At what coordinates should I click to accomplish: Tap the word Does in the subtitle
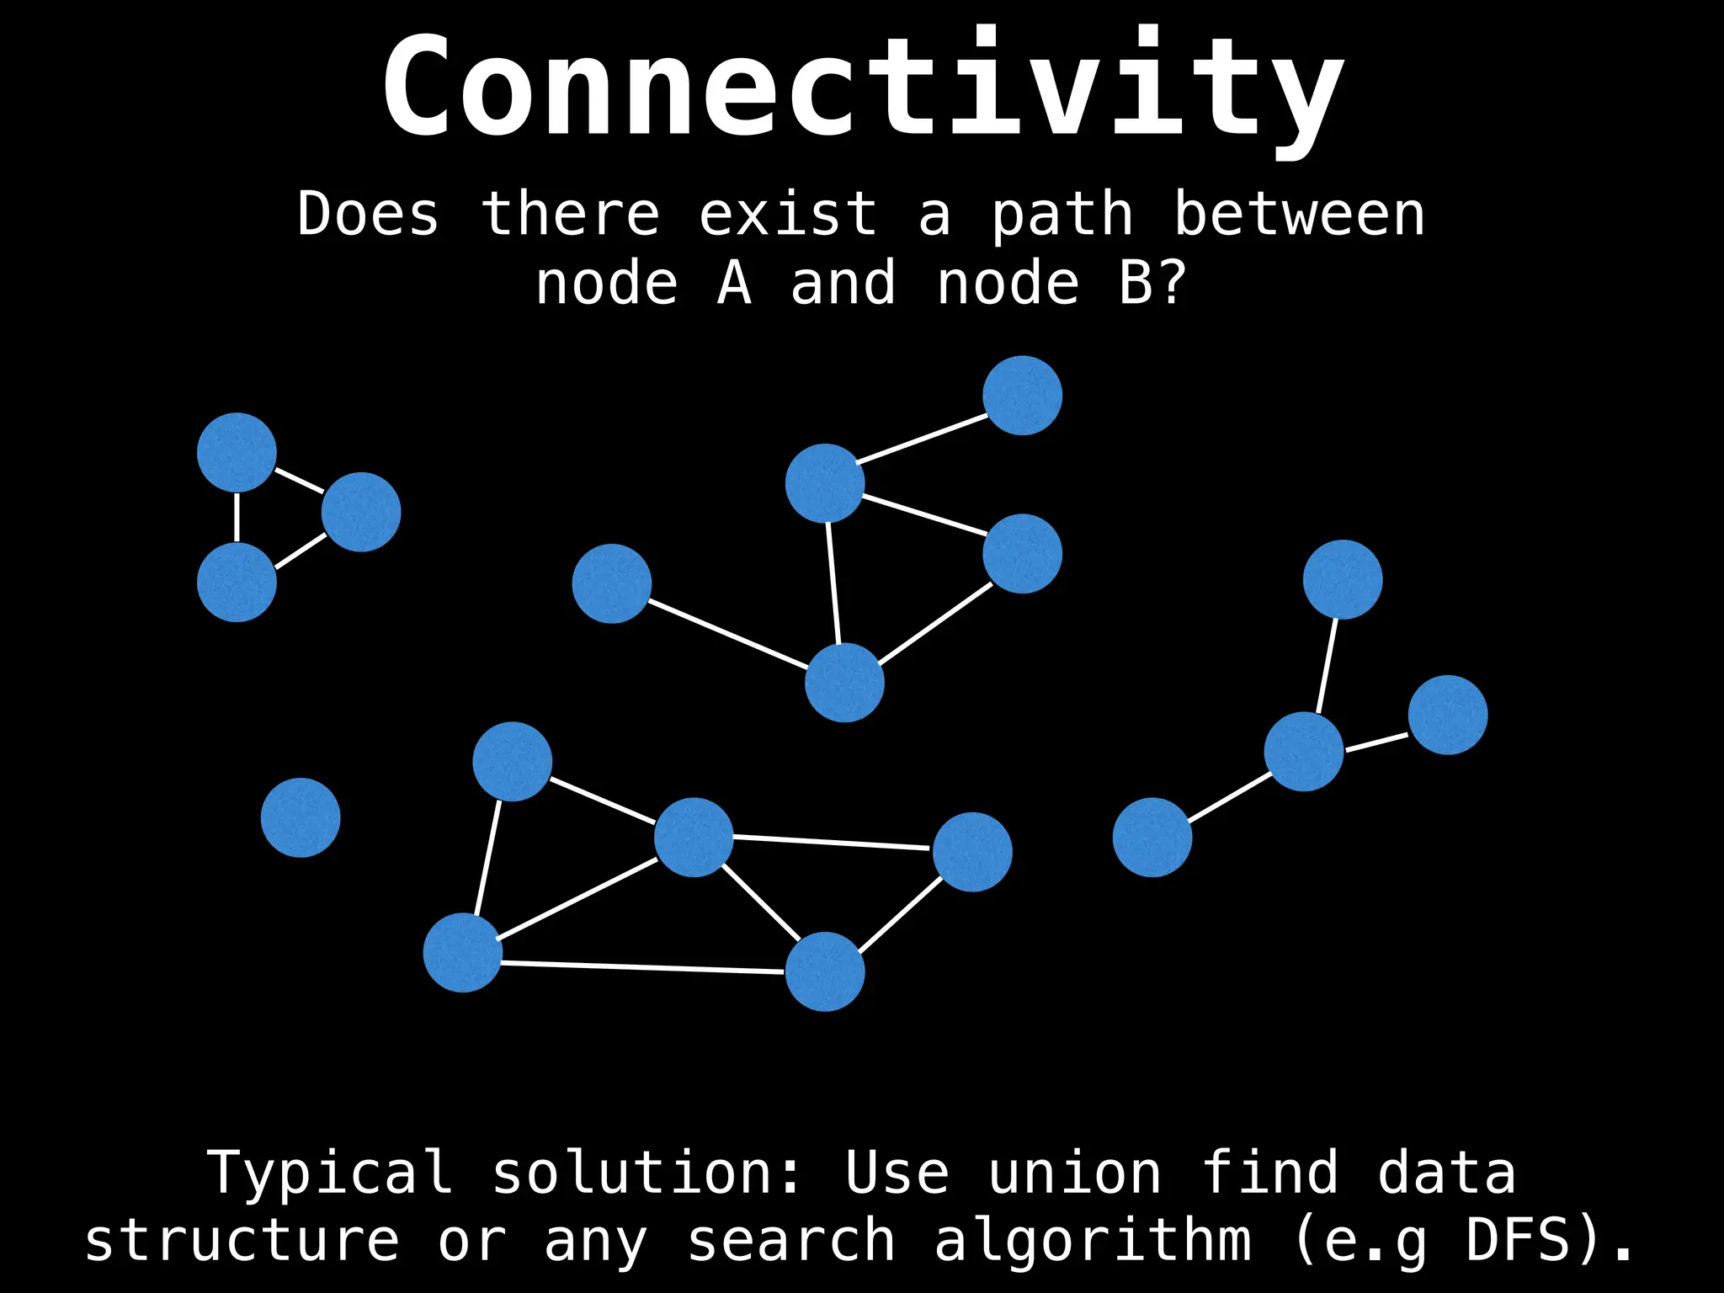click(x=368, y=215)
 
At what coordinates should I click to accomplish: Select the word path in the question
click(x=1062, y=215)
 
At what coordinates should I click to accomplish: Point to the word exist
click(x=788, y=215)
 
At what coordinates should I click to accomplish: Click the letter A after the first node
click(x=734, y=284)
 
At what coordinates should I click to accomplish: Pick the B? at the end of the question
click(x=1152, y=284)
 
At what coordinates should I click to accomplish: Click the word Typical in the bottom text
click(x=329, y=1173)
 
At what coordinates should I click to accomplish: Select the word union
click(x=1075, y=1173)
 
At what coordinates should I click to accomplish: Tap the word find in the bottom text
click(x=1269, y=1173)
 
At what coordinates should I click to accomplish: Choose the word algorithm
click(x=1093, y=1241)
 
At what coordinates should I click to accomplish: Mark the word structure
click(x=242, y=1241)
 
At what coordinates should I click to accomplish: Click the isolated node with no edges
click(x=301, y=817)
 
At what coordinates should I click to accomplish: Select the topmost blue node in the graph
click(x=1022, y=396)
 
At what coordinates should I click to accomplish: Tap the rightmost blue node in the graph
click(x=1448, y=715)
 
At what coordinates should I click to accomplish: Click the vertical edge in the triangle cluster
click(x=237, y=517)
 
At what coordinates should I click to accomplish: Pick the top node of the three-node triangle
click(x=237, y=452)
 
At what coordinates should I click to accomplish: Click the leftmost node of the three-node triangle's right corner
click(x=361, y=512)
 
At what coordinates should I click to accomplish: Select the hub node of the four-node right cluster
click(x=1303, y=752)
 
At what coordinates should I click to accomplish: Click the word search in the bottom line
click(x=791, y=1241)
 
